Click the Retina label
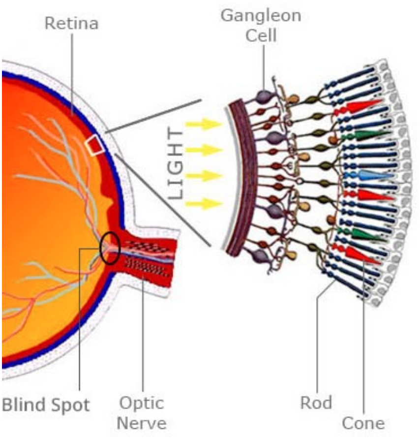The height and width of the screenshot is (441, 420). coord(72,23)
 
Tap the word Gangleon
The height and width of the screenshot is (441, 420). coord(261,15)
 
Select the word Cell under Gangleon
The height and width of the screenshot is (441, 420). coord(261,35)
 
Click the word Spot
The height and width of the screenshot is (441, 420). coord(72,406)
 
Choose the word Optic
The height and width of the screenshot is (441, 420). coord(142,403)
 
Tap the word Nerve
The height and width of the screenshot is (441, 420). coord(142,423)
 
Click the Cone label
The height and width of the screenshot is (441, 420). coord(363,423)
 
